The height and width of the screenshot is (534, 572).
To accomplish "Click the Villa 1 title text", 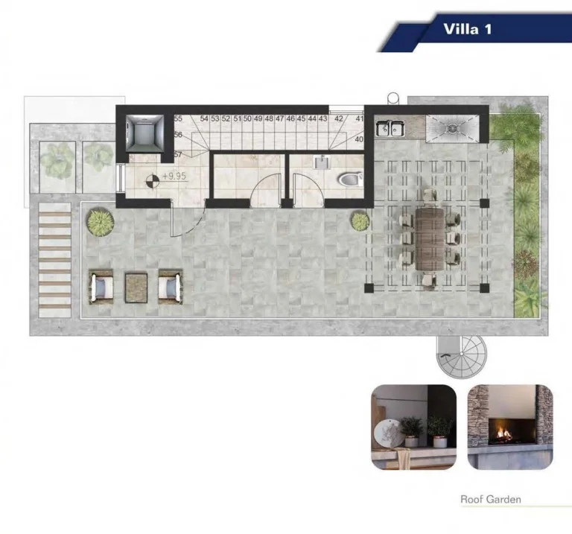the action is [468, 29].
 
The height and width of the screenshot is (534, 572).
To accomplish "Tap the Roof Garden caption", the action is [491, 499].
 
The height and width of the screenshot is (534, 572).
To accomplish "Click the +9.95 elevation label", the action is [174, 176].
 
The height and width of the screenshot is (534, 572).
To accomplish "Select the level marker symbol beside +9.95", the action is [153, 181].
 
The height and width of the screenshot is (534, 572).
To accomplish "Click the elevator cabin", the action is [144, 133].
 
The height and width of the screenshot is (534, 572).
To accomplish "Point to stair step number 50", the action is [247, 118].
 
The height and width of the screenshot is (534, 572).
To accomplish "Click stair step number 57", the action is [178, 154].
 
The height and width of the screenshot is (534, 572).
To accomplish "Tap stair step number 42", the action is [339, 118].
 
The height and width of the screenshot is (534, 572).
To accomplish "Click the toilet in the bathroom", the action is [351, 179].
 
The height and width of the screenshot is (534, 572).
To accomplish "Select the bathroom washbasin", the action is [322, 162].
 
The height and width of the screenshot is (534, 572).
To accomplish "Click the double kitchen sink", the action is [390, 128].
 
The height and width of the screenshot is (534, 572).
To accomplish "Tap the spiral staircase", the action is [462, 356].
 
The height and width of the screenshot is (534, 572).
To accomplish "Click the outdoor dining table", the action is [430, 238].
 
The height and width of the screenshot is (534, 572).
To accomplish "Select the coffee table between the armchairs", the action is [136, 287].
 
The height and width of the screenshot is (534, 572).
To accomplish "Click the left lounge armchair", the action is [101, 287].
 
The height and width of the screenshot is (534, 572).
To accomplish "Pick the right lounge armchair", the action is [171, 287].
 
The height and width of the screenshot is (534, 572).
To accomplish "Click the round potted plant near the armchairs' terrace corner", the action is [101, 222].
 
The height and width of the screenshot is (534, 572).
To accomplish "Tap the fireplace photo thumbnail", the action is [510, 427].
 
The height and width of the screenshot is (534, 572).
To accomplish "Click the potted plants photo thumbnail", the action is [413, 427].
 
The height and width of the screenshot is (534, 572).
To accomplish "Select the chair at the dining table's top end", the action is [430, 196].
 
